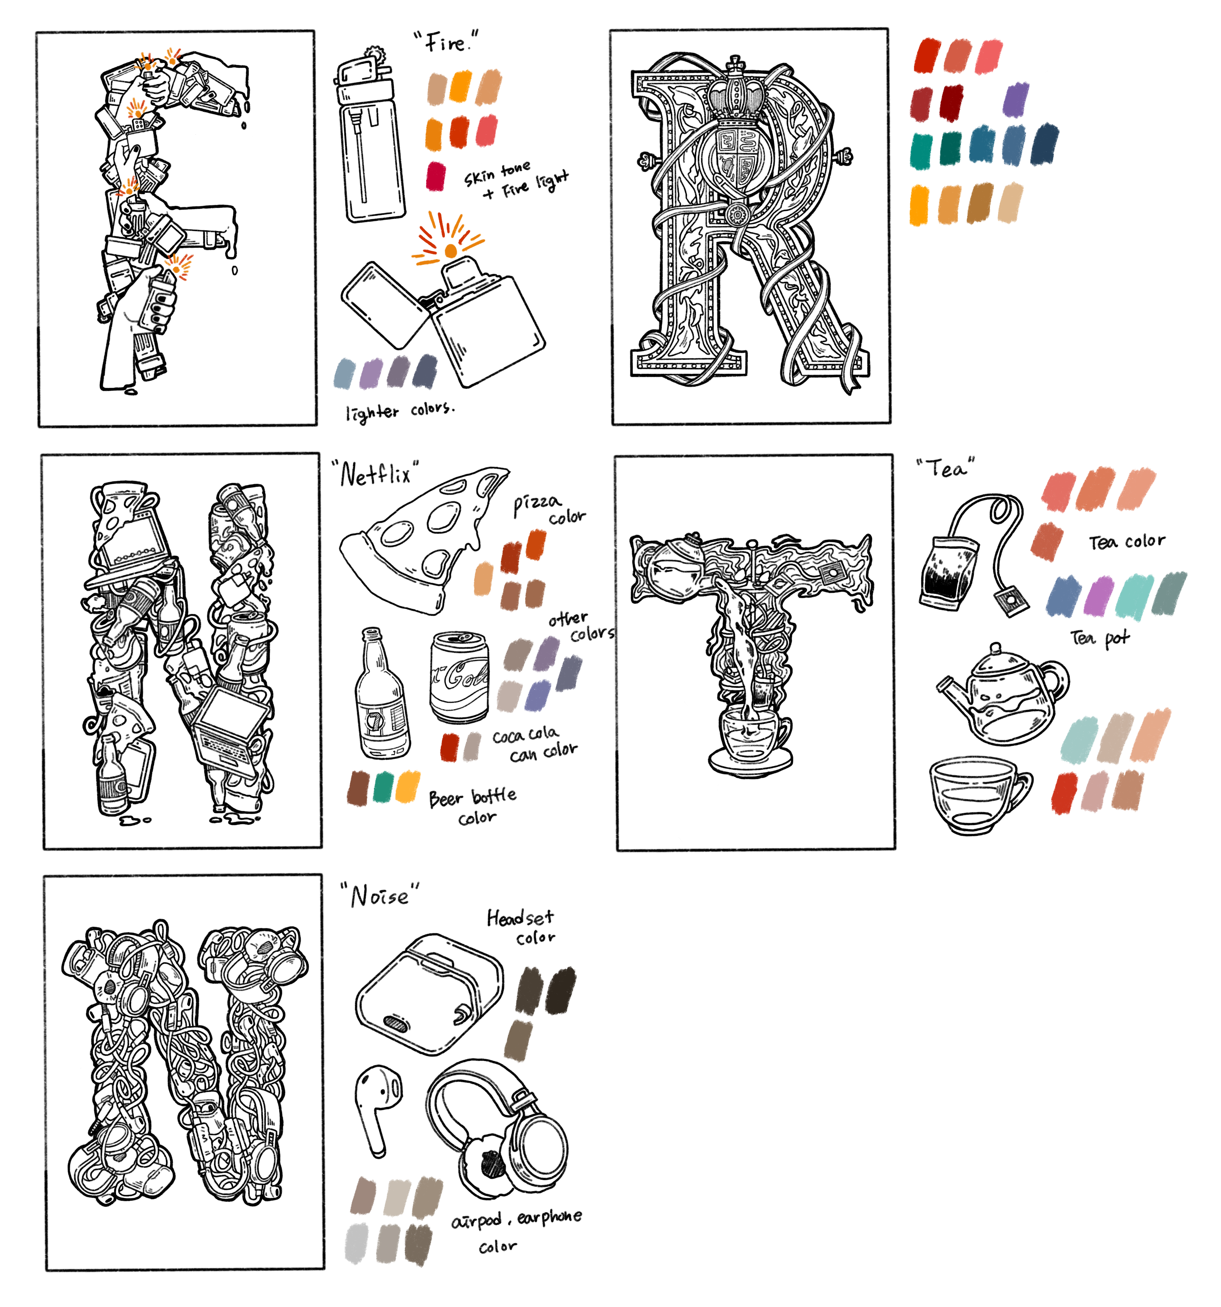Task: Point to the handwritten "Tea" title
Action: [945, 468]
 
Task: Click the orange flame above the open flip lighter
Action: [450, 251]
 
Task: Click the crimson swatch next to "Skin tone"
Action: [435, 176]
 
